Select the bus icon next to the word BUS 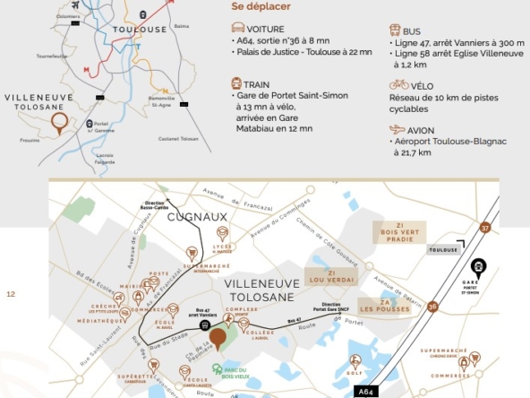point(395,29)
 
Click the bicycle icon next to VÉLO point(398,84)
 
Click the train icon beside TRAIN point(237,83)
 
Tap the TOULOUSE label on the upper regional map point(140,30)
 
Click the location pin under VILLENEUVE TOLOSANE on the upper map point(59,123)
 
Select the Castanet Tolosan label point(176,138)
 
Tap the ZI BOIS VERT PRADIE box point(400,233)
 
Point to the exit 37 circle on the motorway point(485,229)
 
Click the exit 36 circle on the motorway point(433,307)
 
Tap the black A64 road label point(367,391)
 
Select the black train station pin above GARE point(478,266)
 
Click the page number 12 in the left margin point(11,293)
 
